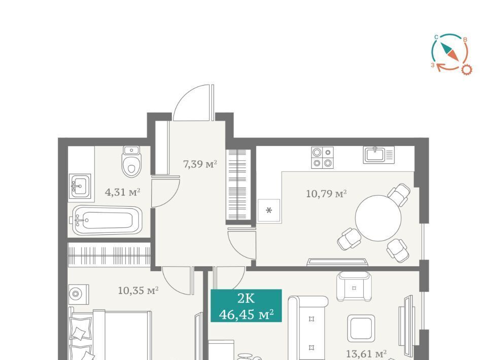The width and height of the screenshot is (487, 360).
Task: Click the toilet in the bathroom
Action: coord(132,161)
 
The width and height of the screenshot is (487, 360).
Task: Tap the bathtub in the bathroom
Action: coord(108,220)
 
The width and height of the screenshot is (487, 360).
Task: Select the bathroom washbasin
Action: coord(80,186)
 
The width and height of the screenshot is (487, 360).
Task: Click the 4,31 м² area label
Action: coord(123,192)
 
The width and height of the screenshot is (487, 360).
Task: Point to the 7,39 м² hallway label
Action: coord(200,164)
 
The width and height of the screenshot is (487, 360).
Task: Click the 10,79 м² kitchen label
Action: coord(326,194)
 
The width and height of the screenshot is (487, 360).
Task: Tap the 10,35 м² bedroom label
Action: coord(138,291)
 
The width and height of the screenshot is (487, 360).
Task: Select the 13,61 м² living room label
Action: coord(366,353)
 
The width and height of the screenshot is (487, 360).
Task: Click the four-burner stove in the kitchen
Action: coord(323,158)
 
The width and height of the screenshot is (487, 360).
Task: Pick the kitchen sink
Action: coord(378,155)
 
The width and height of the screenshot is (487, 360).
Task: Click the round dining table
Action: coord(378,218)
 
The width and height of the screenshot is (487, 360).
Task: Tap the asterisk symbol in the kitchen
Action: coord(269,211)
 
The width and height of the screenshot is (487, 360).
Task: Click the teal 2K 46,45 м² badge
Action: coord(247,306)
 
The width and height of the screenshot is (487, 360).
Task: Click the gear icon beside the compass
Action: coord(466,69)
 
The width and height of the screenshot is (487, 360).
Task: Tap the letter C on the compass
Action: coord(436,37)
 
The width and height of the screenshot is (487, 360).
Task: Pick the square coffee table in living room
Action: coord(361,329)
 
